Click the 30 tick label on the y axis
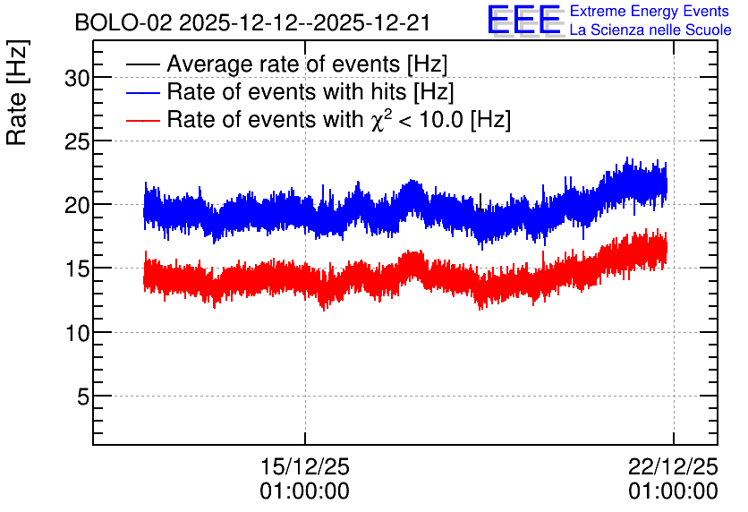[77, 78]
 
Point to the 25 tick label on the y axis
[77, 141]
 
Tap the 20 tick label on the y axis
[77, 206]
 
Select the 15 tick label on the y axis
[77, 269]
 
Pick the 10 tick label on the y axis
[77, 333]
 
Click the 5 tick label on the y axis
[83, 397]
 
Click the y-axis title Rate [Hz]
[17, 92]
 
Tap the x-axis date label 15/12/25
[305, 466]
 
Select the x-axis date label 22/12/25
[673, 466]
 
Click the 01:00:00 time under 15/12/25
[305, 491]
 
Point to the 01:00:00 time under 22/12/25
[673, 491]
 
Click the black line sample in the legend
[142, 64]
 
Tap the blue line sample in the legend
[142, 92]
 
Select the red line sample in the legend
[142, 120]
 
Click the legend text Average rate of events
[284, 64]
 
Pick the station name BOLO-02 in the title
[123, 23]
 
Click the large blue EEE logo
[524, 20]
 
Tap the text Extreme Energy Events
[650, 11]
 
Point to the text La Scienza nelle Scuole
[650, 30]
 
